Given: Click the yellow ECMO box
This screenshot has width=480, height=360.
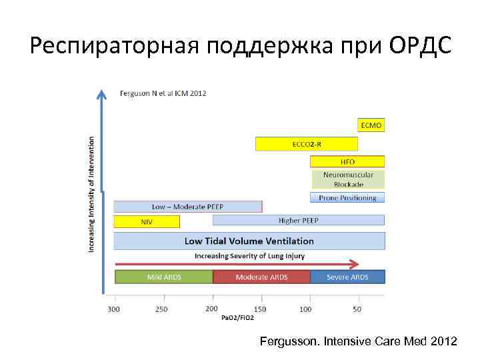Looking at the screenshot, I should pos(371,125).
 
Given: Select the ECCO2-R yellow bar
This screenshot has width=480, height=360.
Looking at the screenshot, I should pos(306,144).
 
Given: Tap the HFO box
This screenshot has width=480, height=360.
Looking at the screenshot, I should pos(347,161).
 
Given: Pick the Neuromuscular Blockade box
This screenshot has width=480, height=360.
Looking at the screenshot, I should pos(347,179).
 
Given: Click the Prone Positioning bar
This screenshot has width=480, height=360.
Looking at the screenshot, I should pos(347,197).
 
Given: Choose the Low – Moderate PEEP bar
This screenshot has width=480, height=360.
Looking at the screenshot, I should pos(187,207).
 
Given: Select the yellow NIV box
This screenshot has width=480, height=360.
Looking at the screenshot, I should pos(147,222).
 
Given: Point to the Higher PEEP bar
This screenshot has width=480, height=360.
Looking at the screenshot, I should pos(298,220).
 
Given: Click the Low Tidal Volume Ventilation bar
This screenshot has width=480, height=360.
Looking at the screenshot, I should pos(249,241).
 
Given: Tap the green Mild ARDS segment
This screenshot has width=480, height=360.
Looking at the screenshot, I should pos(164,277).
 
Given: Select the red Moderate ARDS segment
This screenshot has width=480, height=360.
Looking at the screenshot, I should pos(261,277).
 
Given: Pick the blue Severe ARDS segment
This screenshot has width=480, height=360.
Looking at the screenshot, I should pos(347,277).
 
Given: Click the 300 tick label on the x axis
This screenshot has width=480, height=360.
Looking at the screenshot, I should pos(115,309).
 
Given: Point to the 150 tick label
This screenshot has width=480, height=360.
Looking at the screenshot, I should pos(259,309).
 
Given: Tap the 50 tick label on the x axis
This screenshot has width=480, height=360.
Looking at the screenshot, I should pos(357,309).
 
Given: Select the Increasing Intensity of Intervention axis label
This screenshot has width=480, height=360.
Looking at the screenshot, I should pos(91,195).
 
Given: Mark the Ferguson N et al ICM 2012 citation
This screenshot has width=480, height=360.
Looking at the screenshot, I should pos(163,93).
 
